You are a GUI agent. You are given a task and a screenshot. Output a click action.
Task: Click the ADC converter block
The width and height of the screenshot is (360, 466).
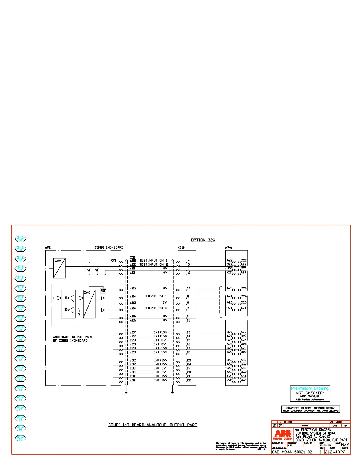59,268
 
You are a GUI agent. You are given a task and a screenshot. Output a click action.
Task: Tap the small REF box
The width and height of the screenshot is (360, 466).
103,290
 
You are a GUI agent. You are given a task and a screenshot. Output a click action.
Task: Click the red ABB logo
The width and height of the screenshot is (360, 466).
283,433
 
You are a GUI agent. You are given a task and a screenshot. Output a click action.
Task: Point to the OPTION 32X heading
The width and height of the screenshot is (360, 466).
203,240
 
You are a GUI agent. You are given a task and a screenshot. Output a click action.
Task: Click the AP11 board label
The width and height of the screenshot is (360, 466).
48,247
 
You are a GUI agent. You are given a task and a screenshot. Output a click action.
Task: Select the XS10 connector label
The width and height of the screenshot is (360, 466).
181,247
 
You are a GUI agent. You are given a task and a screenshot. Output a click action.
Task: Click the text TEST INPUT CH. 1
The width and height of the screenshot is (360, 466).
153,260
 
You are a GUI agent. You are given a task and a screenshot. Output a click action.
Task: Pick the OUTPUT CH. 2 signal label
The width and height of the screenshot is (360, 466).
156,308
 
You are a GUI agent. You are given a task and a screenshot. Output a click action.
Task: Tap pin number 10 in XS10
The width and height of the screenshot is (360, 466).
189,288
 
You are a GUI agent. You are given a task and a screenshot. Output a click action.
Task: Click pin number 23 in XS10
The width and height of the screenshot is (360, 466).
189,360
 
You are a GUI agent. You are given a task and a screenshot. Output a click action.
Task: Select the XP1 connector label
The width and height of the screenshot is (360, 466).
113,260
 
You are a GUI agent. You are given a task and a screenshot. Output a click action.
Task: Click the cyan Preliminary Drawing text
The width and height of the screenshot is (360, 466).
310,388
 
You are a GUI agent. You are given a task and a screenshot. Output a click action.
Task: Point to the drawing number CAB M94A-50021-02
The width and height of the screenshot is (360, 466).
292,452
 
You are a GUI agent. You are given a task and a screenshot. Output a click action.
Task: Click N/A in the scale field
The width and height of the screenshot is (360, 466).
345,445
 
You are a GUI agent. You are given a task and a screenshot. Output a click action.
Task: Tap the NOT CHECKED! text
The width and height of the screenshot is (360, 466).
310,393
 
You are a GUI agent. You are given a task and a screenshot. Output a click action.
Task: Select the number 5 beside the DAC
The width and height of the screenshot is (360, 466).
79,314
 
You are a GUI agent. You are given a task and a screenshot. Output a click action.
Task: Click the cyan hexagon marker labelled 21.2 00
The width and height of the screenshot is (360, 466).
20,239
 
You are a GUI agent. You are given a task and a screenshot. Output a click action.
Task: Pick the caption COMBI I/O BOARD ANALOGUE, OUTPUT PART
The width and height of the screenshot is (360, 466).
153,425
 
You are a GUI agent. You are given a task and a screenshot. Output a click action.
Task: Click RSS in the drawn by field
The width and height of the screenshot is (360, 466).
290,445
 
